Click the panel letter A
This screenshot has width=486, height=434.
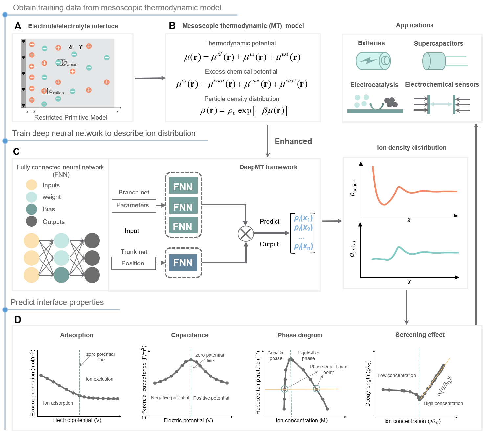tap(18, 26)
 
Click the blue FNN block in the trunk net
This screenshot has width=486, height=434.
tap(183, 262)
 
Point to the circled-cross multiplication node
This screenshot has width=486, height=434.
tap(246, 234)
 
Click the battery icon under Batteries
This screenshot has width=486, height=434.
tap(373, 61)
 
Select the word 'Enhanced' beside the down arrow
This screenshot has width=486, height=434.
tap(293, 141)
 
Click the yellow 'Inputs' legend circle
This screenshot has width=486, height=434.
tap(32, 185)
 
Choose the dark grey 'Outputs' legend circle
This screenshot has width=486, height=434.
tap(32, 221)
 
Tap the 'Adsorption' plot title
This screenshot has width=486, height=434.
tap(77, 335)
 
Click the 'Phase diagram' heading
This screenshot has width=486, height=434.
tap(300, 335)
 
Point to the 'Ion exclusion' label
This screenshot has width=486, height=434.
tap(99, 379)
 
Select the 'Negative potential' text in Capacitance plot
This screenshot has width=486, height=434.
tap(170, 398)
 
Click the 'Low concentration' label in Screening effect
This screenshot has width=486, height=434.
tap(397, 375)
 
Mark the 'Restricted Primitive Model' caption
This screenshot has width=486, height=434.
tap(71, 117)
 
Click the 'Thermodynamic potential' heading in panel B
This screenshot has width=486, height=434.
tap(240, 43)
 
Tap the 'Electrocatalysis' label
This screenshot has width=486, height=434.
tap(374, 85)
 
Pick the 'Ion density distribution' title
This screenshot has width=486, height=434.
tap(411, 148)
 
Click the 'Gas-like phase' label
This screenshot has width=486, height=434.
tap(276, 355)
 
